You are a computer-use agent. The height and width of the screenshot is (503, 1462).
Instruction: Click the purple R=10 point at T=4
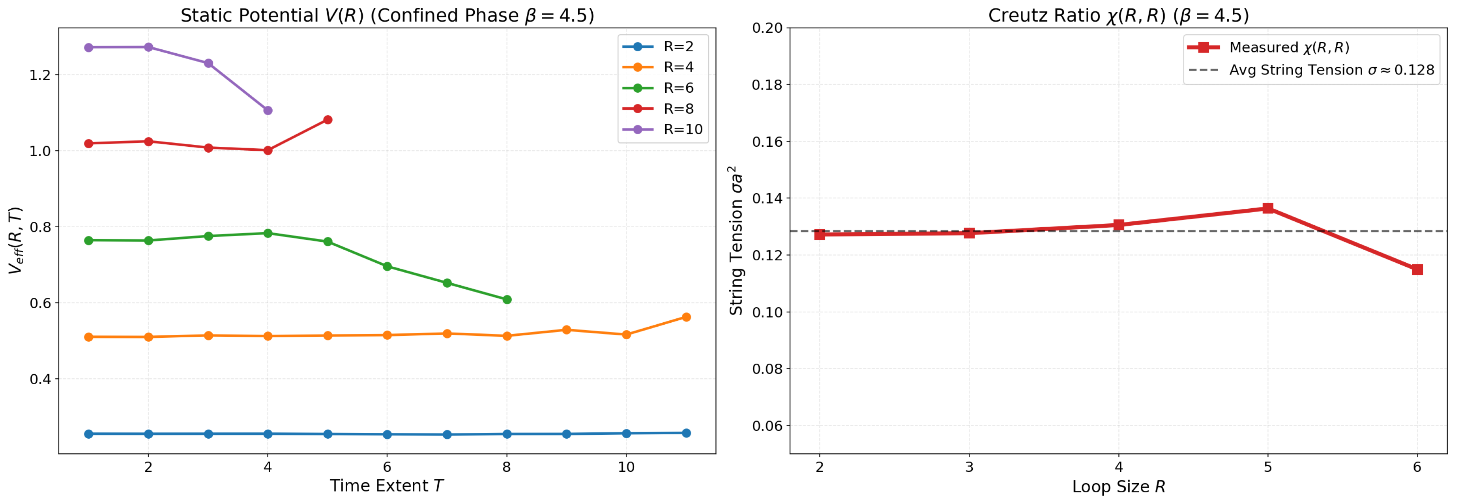point(268,110)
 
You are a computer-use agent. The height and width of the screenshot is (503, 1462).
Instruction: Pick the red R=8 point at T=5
point(328,120)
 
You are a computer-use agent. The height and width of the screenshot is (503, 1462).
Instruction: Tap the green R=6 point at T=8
point(507,299)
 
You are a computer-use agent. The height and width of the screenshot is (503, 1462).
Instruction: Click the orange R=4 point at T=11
point(685,317)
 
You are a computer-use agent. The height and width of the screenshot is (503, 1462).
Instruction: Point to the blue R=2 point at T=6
point(387,434)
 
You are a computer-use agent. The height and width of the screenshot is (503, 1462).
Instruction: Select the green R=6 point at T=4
point(268,233)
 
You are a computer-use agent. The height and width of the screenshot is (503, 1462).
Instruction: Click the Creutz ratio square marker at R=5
point(1267,208)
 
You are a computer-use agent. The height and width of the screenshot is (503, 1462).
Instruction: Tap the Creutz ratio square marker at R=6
point(1417,269)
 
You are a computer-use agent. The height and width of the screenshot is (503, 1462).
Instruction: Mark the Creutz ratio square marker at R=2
point(819,234)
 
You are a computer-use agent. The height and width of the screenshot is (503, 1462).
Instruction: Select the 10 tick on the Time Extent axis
point(625,467)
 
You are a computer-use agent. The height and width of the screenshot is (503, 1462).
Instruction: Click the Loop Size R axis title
point(1118,486)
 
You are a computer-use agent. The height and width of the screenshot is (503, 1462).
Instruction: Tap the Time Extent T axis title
point(386,485)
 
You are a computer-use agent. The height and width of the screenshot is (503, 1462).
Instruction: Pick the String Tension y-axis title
point(736,241)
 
